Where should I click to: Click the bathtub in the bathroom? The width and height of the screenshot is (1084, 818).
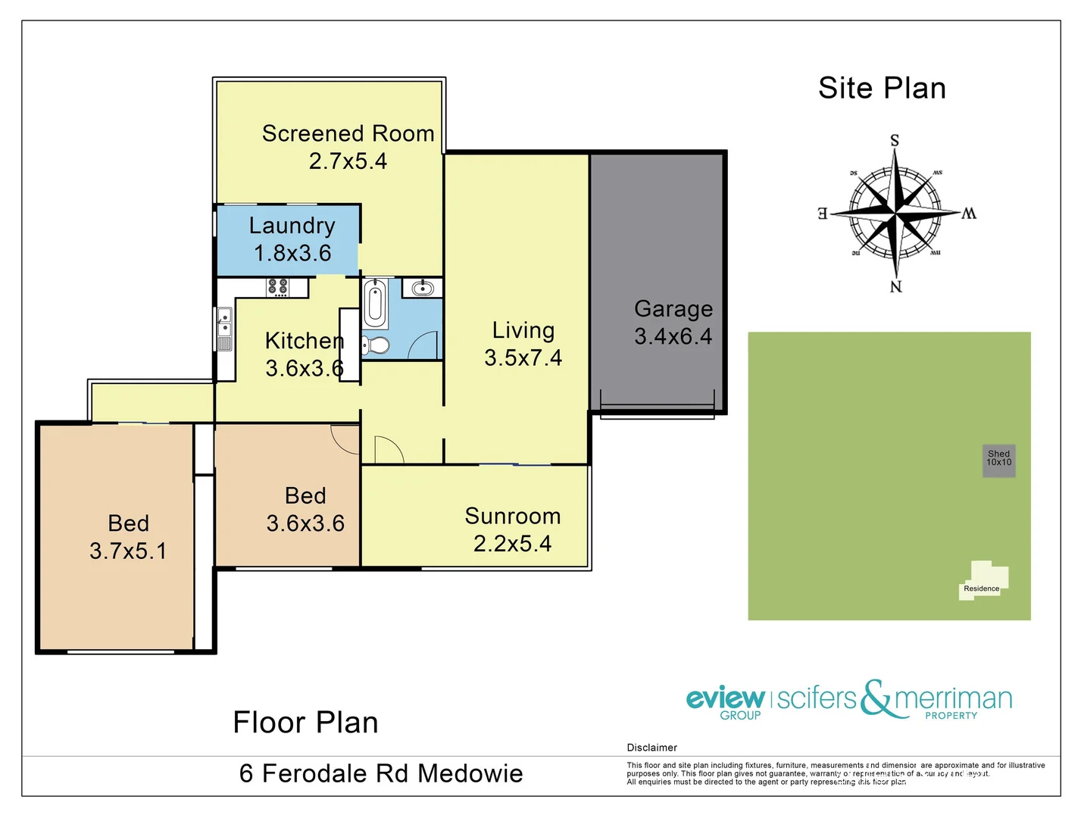click(375, 304)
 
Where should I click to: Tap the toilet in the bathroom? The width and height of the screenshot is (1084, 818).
click(375, 345)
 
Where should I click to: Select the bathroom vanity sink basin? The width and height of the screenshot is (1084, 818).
click(422, 288)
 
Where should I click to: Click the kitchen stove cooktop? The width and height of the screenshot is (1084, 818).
click(278, 287)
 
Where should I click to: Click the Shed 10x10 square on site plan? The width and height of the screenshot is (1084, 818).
click(998, 461)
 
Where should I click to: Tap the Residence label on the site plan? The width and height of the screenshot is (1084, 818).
click(981, 589)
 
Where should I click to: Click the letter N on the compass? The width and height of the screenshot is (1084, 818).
click(896, 286)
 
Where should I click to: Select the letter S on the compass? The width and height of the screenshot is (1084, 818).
click(895, 141)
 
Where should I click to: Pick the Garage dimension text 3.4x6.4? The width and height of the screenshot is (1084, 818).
click(673, 336)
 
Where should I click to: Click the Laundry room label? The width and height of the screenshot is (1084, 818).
click(292, 226)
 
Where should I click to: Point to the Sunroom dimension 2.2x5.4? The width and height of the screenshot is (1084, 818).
click(512, 544)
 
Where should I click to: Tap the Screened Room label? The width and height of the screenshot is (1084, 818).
click(348, 134)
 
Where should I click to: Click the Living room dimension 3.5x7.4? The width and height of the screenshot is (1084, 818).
click(523, 357)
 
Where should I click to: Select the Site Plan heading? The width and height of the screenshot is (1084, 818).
click(882, 89)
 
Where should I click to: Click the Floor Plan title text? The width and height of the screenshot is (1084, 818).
click(305, 723)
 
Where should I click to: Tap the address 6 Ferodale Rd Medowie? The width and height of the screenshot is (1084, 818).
click(381, 773)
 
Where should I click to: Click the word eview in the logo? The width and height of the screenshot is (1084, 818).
click(724, 697)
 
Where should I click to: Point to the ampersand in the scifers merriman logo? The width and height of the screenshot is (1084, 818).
click(876, 698)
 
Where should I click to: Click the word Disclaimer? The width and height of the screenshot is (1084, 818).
click(651, 748)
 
